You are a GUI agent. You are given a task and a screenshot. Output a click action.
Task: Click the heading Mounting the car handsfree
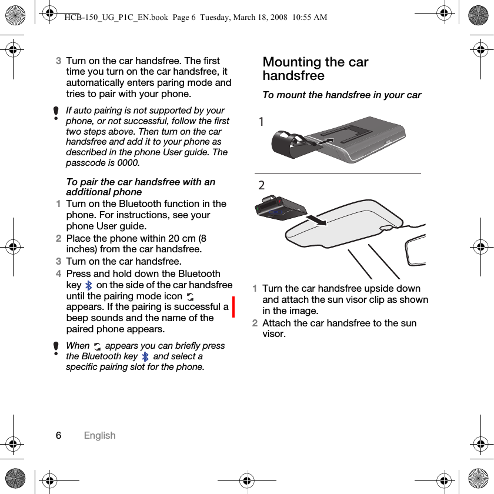315,69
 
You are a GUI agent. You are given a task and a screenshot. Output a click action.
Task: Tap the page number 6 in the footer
58,435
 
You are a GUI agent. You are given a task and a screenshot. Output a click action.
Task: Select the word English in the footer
99,435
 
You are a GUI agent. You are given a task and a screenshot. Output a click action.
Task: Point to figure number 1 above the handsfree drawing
262,121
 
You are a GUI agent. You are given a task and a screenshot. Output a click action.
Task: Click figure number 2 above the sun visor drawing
262,185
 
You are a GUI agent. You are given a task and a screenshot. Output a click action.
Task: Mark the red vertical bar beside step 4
233,306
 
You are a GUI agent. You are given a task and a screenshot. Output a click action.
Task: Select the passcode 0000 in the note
129,162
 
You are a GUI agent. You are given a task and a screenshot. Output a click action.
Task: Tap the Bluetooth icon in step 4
89,285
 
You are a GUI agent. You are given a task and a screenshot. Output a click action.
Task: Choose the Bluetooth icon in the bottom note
145,356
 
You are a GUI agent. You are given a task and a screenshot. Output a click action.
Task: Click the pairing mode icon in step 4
190,297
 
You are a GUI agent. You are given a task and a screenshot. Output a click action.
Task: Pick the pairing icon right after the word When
97,346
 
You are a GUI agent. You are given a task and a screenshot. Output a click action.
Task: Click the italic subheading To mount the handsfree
342,95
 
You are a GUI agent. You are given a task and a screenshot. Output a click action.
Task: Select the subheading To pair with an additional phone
141,187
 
